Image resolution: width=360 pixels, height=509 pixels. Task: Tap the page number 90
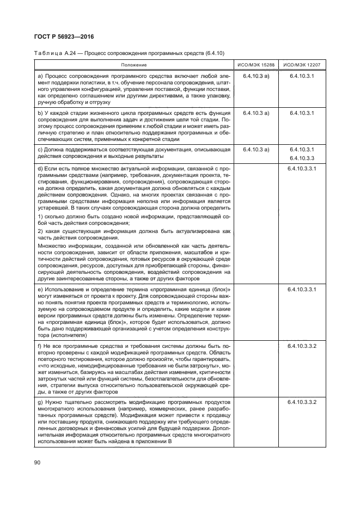[x=38, y=462]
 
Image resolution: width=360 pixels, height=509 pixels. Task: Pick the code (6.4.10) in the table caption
[x=214, y=53]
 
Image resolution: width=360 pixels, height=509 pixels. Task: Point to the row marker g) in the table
[x=40, y=401]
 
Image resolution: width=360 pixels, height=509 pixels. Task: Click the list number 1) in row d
[x=40, y=217]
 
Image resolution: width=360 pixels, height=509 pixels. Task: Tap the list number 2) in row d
[x=40, y=231]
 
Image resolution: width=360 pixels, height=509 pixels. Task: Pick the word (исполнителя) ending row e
[x=56, y=335]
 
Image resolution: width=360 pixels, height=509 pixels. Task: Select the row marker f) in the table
[x=39, y=346]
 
